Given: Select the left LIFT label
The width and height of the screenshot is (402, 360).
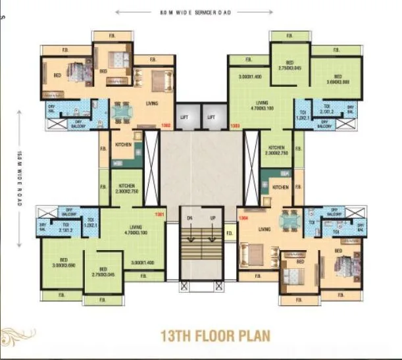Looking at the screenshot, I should tap(186, 117).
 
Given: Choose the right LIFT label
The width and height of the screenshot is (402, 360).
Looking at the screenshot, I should tap(212, 117).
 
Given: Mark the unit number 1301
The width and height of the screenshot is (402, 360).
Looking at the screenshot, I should tap(159, 215).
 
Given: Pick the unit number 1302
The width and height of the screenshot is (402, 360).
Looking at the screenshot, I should tap(166, 124).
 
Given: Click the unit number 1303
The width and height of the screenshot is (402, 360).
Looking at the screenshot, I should tap(234, 124).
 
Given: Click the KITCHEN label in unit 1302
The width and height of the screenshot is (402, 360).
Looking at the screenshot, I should tap(123, 145).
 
